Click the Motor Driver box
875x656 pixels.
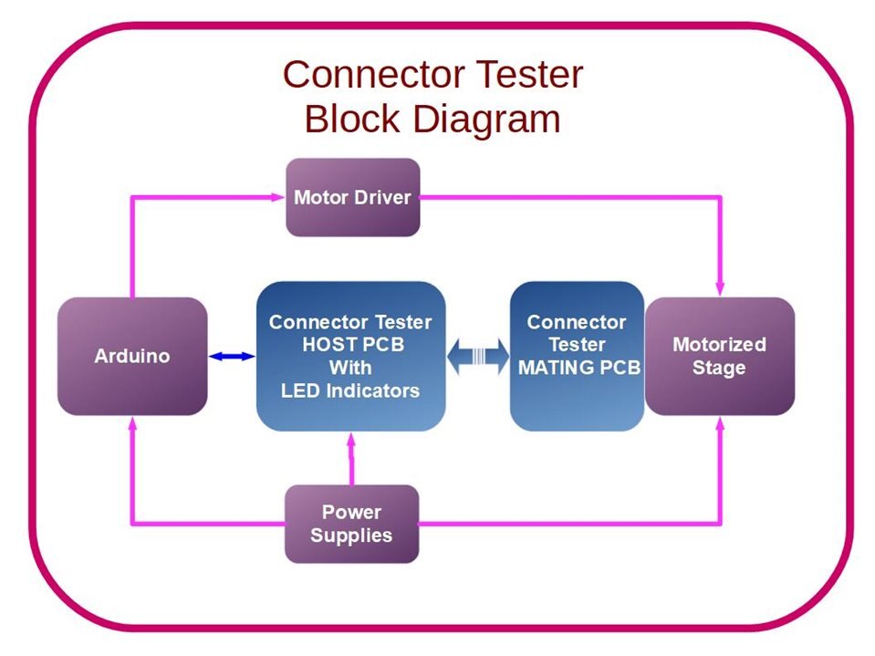point(353,197)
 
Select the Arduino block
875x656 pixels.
point(132,356)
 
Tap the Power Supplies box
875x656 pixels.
point(351,524)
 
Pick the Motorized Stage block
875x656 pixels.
point(719,356)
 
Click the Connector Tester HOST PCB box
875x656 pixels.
point(350,356)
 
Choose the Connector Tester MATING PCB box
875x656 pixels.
point(577,356)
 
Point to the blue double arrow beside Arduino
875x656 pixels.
point(232,357)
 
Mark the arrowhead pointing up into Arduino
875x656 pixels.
point(133,424)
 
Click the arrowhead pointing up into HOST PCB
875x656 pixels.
point(351,441)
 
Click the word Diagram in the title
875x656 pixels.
point(484,119)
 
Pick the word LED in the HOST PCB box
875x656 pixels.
point(301,390)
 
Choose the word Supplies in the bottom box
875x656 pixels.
point(351,536)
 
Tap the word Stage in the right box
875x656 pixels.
point(719,368)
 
